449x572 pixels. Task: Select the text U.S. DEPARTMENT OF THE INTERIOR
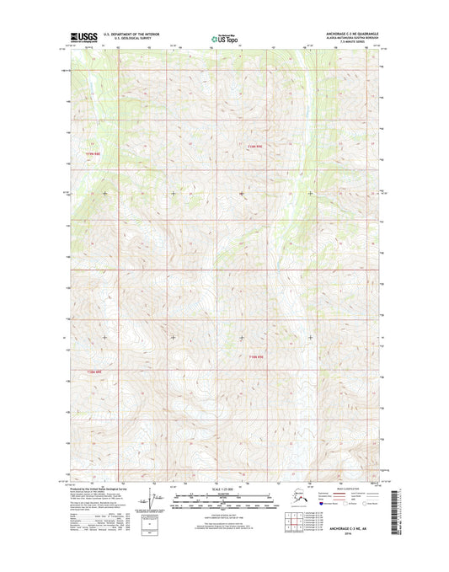click(x=130, y=35)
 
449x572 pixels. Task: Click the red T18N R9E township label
click(x=257, y=358)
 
